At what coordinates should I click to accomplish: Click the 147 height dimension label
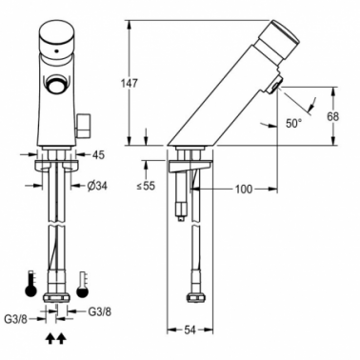(130, 84)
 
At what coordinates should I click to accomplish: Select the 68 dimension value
(332, 116)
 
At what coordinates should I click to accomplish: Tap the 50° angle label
(293, 123)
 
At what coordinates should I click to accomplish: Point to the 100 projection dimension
(244, 190)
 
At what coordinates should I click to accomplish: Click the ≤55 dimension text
(147, 186)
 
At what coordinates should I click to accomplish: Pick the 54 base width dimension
(190, 330)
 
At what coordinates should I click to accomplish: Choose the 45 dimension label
(98, 155)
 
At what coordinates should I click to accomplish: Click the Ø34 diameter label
(97, 186)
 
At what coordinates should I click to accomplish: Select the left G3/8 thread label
(16, 319)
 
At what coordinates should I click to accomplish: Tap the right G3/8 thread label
(100, 311)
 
